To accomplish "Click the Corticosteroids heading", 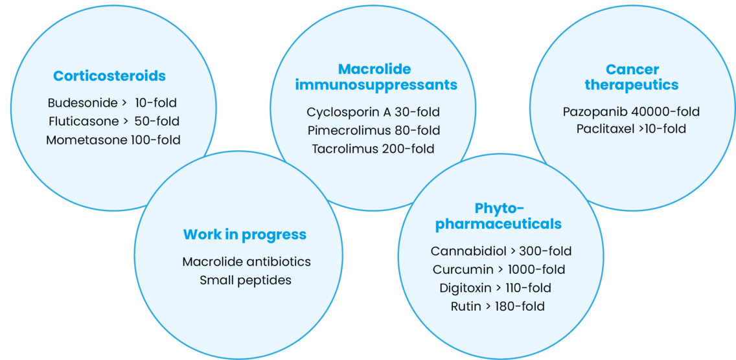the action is pos(109,76).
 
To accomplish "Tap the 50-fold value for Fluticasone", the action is pos(157,121).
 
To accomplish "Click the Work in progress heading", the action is pos(244,234).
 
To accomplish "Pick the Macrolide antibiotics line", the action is pos(246,262).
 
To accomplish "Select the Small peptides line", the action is pos(246,280).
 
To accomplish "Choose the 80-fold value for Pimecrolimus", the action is pos(418,130).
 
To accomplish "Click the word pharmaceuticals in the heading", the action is pos(498,224).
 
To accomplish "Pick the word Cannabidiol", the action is pos(468,251).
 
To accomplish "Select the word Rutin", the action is pos(466,306).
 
